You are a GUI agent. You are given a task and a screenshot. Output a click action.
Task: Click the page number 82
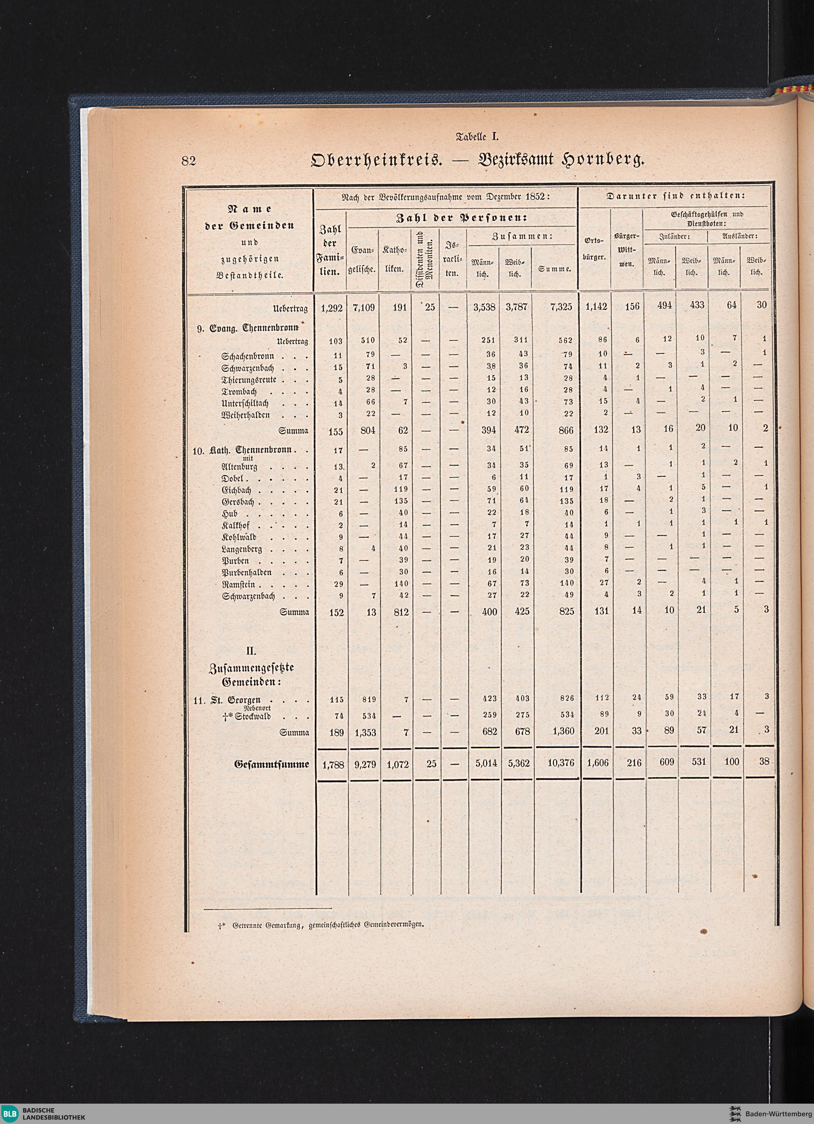click(x=188, y=160)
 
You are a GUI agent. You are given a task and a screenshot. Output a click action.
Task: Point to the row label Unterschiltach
click(x=245, y=403)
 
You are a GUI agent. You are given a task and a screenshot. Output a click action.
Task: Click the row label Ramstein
click(x=239, y=585)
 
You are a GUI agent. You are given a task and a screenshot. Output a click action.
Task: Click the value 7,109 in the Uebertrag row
click(x=363, y=307)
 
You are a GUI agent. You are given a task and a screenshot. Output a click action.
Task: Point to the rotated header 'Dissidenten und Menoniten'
click(x=424, y=258)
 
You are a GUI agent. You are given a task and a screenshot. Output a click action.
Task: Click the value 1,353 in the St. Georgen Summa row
click(x=365, y=733)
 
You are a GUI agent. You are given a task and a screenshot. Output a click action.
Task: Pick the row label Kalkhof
click(x=236, y=525)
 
